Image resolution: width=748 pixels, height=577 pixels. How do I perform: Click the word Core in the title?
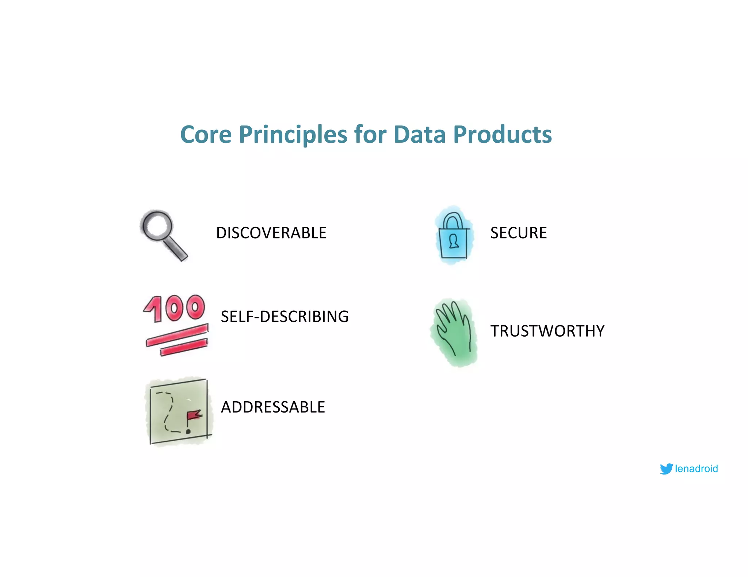point(206,135)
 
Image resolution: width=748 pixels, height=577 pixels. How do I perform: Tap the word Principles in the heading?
point(293,135)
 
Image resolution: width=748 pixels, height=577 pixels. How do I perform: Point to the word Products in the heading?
point(502,135)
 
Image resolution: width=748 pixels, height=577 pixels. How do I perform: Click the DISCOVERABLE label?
point(271,233)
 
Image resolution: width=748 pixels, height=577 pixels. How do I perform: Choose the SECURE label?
point(518,233)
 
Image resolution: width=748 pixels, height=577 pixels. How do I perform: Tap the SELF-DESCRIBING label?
point(285,317)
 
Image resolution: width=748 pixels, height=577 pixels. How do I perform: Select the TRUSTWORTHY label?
point(547,331)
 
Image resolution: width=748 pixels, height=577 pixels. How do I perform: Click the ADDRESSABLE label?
point(273,407)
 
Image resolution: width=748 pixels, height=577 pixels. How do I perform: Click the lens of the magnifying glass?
point(157,225)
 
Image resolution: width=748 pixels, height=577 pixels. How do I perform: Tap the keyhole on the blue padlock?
point(454,241)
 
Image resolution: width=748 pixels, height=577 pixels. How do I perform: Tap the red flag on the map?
point(194,415)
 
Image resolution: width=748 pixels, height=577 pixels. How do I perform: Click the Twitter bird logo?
point(666,469)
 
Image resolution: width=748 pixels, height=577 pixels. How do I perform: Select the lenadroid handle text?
point(696,469)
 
